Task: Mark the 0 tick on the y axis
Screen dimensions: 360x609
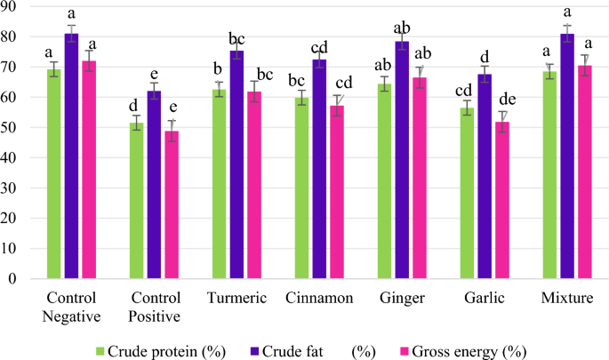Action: pyautogui.click(x=15, y=278)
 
